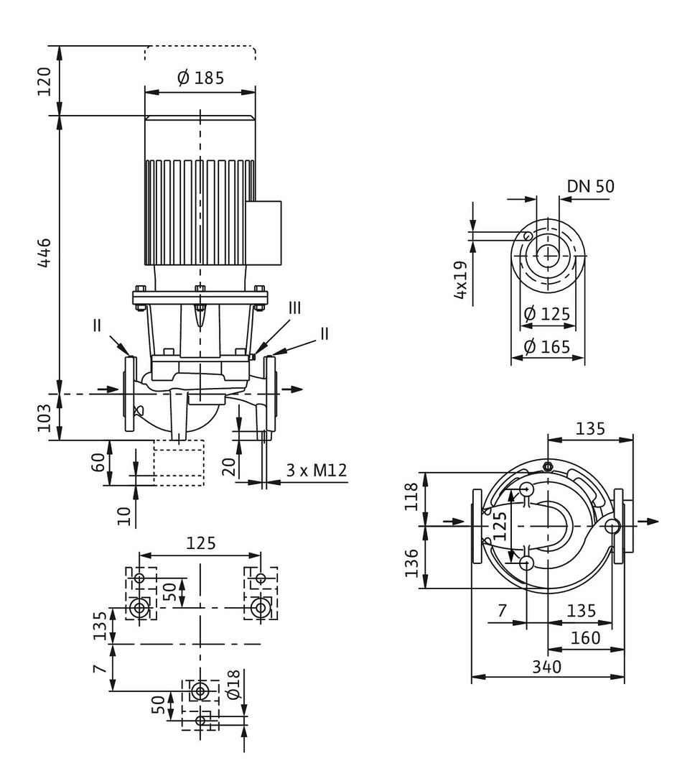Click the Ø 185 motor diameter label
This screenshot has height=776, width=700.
(200, 78)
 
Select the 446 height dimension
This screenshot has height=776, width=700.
(45, 253)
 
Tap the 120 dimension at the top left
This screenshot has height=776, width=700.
(45, 81)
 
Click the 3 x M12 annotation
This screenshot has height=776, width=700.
(317, 471)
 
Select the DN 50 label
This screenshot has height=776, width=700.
(590, 187)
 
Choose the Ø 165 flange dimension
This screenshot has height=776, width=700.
(547, 347)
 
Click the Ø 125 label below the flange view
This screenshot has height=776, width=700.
(547, 314)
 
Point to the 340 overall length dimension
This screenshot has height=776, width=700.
(547, 667)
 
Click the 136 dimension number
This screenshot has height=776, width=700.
(411, 564)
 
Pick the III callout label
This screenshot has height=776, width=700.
(294, 308)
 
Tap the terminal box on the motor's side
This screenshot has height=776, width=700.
(263, 232)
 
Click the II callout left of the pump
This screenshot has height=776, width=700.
(98, 325)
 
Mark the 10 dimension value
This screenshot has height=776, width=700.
(126, 516)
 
